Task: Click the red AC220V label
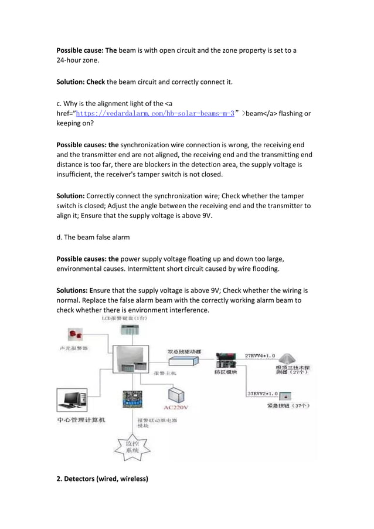[x=176, y=406]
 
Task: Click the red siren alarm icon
[x=75, y=335]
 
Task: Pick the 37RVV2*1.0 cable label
[x=259, y=393]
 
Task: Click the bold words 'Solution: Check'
[x=80, y=82]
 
